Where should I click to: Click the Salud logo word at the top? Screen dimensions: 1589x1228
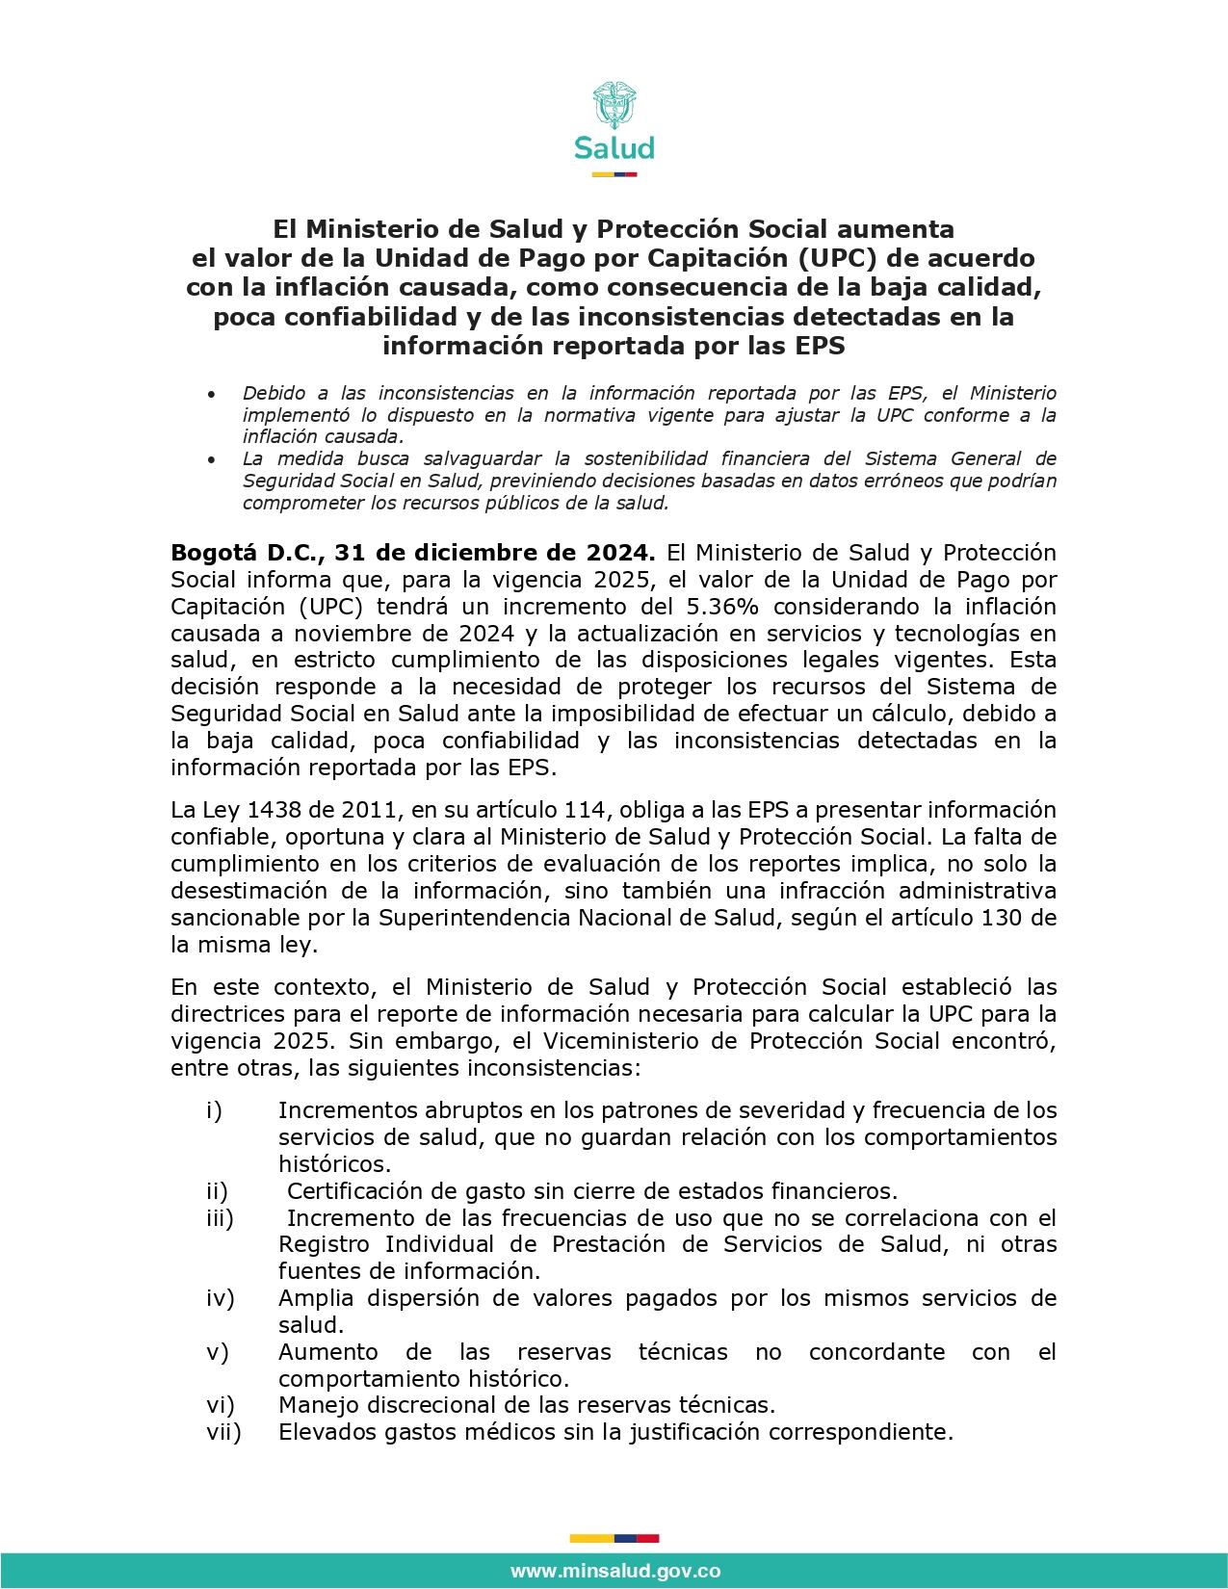pyautogui.click(x=614, y=148)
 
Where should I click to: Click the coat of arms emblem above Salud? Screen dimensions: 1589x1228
pyautogui.click(x=614, y=105)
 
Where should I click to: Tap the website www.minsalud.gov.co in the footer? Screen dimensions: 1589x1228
pyautogui.click(x=614, y=1571)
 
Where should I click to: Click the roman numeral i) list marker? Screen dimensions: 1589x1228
pyautogui.click(x=214, y=1110)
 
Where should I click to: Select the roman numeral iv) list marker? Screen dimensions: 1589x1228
pyautogui.click(x=220, y=1298)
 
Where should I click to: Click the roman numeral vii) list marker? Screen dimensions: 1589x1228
pyautogui.click(x=223, y=1432)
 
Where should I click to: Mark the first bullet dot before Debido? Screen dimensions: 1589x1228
pyautogui.click(x=211, y=395)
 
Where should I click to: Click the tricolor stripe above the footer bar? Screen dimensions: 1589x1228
pyautogui.click(x=614, y=1538)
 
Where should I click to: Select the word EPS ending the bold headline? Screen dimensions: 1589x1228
pyautogui.click(x=821, y=346)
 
